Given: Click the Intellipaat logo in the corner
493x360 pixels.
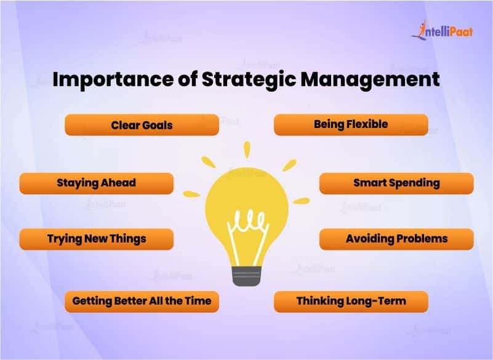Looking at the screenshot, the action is (442, 31).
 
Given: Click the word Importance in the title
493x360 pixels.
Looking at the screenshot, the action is (113, 80).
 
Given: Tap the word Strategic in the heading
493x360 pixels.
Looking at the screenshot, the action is (249, 80).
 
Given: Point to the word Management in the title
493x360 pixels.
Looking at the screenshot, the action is (370, 79).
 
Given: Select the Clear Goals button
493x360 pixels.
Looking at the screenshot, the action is (142, 125).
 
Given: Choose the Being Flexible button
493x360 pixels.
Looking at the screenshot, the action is (351, 125).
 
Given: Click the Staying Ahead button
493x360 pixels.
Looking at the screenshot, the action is (96, 183).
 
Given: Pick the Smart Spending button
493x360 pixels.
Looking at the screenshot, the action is (396, 183).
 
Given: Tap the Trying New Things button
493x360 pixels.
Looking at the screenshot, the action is (96, 239).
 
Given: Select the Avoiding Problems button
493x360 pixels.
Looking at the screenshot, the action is (396, 239).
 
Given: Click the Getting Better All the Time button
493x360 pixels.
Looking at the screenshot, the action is (142, 302).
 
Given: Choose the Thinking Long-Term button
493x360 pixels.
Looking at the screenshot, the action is (351, 302).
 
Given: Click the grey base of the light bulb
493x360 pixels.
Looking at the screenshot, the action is (246, 276).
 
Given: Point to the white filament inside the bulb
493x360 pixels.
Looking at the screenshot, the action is (248, 236).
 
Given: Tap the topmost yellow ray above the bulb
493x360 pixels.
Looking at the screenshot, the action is (247, 150).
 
